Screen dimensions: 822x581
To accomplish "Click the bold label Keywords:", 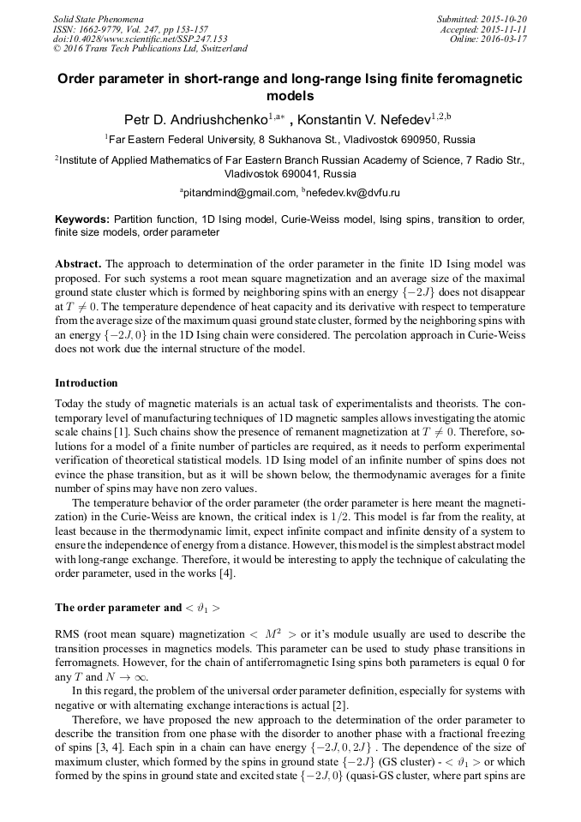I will pyautogui.click(x=81, y=219).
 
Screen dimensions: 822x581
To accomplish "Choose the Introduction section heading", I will pyautogui.click(x=86, y=382).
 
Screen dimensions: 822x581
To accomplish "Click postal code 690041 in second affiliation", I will pyautogui.click(x=312, y=172).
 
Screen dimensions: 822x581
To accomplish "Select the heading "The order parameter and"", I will pyautogui.click(x=117, y=608).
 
